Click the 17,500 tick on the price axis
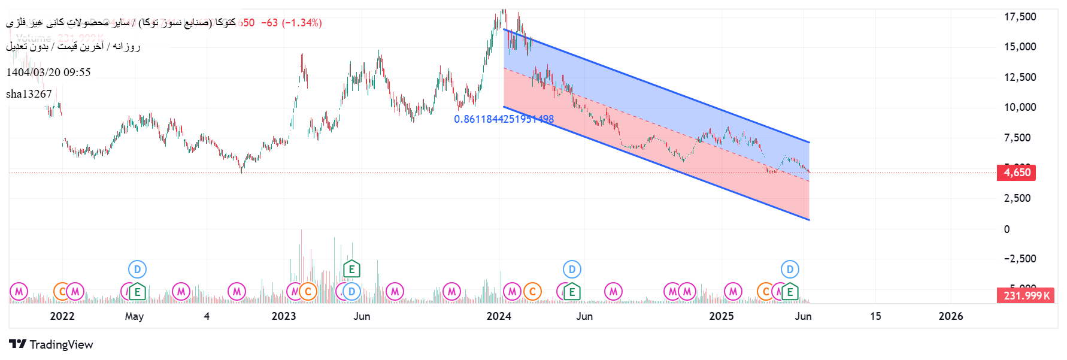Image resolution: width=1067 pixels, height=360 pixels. pyautogui.click(x=1020, y=17)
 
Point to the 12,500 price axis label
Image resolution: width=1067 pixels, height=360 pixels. pyautogui.click(x=1020, y=77)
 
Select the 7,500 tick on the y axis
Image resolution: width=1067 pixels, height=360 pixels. pyautogui.click(x=1017, y=138)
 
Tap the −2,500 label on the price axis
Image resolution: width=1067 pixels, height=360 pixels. pyautogui.click(x=1019, y=259)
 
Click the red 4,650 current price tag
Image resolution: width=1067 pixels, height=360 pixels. pyautogui.click(x=1017, y=173)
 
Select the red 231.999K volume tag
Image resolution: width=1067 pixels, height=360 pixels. pyautogui.click(x=1026, y=295)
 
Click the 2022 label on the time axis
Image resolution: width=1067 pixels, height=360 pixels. pyautogui.click(x=62, y=316)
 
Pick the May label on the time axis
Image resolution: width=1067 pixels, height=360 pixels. pyautogui.click(x=134, y=316)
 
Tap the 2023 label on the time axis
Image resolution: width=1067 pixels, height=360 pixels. pyautogui.click(x=284, y=316)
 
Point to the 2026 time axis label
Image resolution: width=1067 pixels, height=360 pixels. pyautogui.click(x=951, y=316)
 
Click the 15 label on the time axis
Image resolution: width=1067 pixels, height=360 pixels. pyautogui.click(x=875, y=316)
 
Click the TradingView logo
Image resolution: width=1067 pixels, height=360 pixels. pyautogui.click(x=51, y=344)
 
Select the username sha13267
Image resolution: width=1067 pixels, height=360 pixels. pyautogui.click(x=29, y=94)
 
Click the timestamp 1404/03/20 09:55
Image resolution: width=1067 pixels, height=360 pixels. pyautogui.click(x=48, y=72)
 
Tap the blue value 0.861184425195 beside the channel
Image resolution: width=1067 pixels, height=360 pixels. pyautogui.click(x=504, y=119)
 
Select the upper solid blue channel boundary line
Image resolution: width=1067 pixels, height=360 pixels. pyautogui.click(x=659, y=86)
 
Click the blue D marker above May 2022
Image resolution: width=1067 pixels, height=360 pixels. pyautogui.click(x=137, y=270)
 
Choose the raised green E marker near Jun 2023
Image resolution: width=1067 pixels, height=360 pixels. pyautogui.click(x=351, y=270)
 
